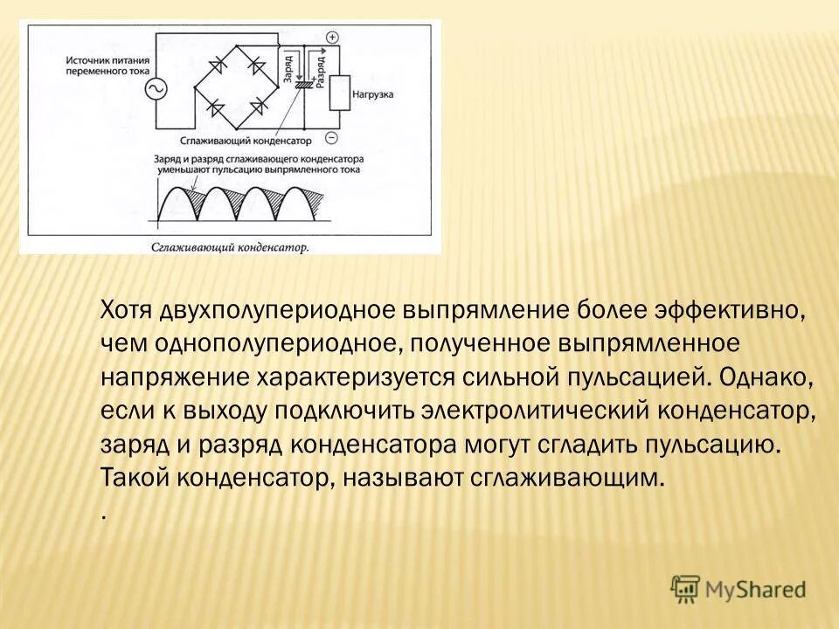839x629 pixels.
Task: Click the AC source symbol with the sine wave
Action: coord(161,90)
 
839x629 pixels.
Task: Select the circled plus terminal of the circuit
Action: coord(332,38)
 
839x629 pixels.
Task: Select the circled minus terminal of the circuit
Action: coord(331,137)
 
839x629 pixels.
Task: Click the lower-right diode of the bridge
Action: coord(259,107)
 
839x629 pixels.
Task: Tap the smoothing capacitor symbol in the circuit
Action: coord(304,86)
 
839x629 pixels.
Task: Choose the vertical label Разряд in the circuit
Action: coord(321,68)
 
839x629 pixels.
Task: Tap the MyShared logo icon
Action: coord(687,589)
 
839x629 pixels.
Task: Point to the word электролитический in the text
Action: coord(504,411)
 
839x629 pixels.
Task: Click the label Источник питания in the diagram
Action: coord(103,60)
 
